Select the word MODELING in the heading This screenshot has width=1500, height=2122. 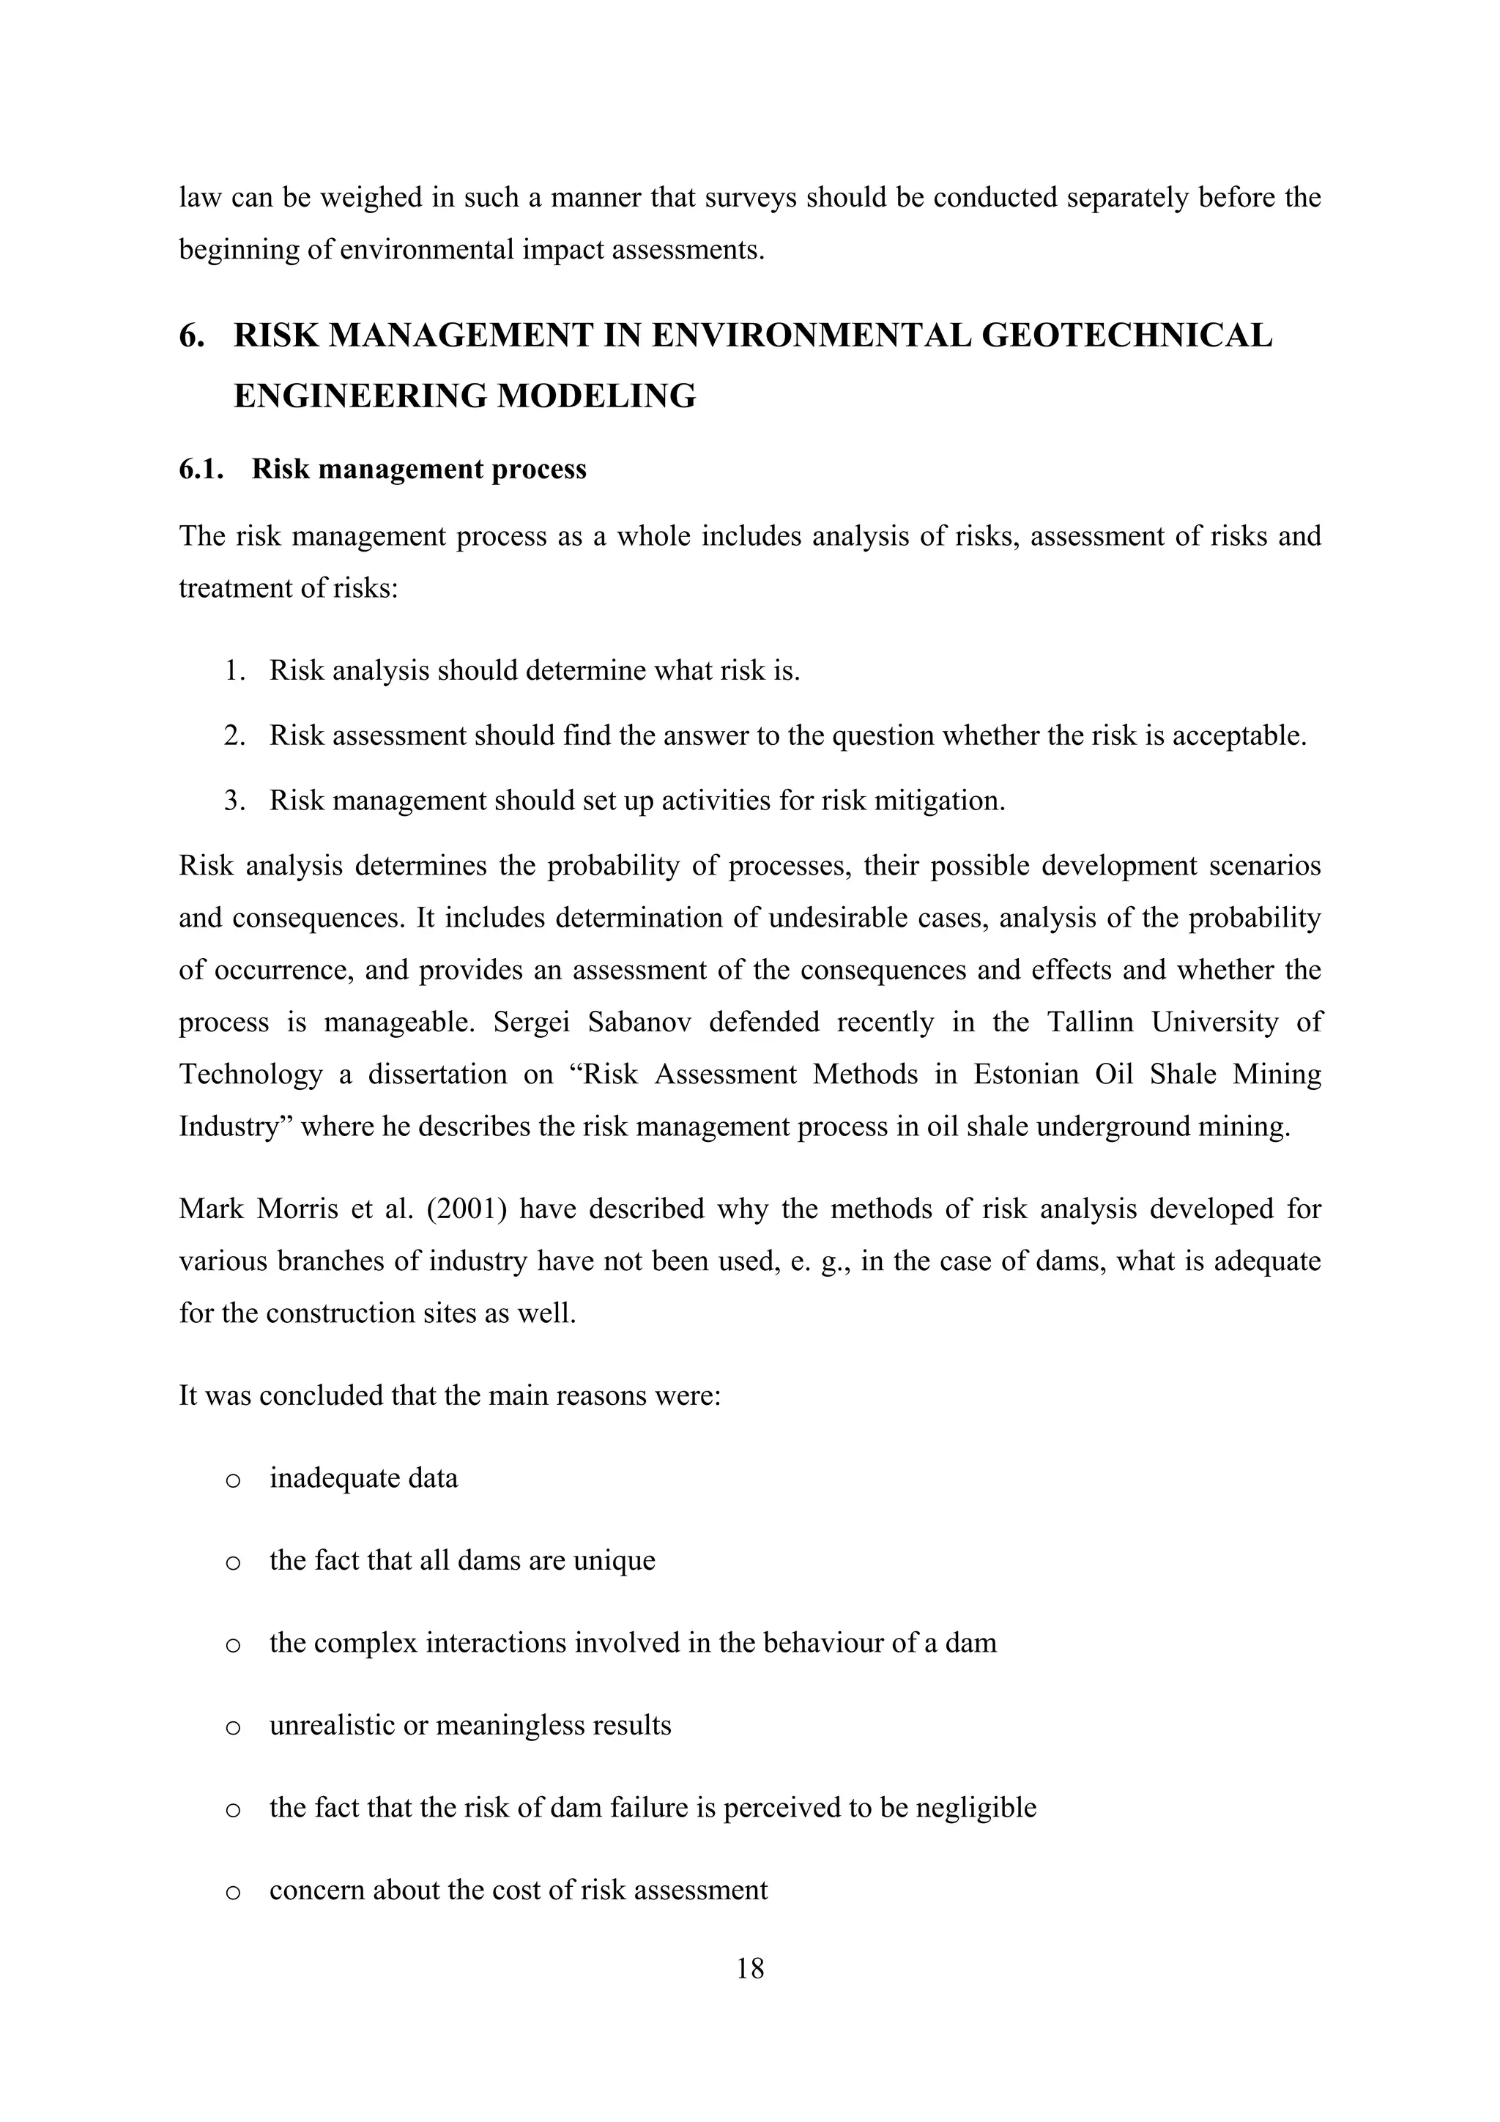pyautogui.click(x=596, y=396)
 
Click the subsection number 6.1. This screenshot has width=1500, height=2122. pyautogui.click(x=201, y=470)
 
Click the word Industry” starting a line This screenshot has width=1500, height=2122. pyautogui.click(x=234, y=1127)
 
